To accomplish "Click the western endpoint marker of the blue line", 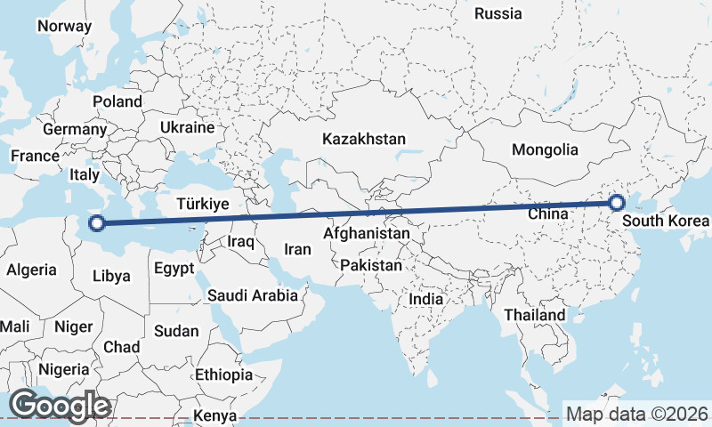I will pos(97,224).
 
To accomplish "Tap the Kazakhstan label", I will pos(364,139).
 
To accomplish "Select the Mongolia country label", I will pos(545,150).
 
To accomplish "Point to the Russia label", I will pos(498,13).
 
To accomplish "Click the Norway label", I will pos(63,26).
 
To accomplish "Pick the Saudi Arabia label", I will pos(252,295).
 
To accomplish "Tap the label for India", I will pos(425,299).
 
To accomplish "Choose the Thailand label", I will pos(534,315).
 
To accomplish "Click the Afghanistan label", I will pos(367,234).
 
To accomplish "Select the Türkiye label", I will pos(203,204).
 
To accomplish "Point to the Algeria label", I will pos(32,270).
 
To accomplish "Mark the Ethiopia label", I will pos(223,375).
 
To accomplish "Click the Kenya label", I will pos(214,415).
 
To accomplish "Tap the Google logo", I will pos(59,406).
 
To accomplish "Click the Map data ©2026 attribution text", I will pos(637,414).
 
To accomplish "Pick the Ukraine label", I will pos(187,127).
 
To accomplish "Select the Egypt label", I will pos(174,268).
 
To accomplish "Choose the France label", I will pos(35,156).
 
